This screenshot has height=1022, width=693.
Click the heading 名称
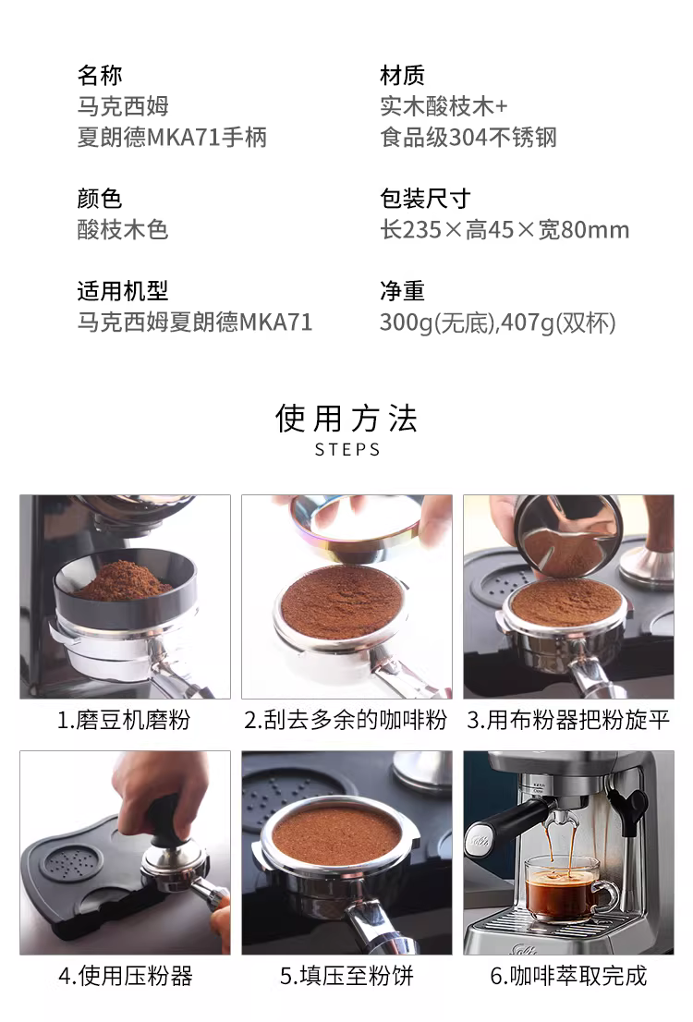[100, 75]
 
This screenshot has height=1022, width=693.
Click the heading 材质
[402, 75]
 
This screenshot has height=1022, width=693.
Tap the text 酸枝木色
[123, 229]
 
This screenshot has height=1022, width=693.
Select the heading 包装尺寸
[425, 198]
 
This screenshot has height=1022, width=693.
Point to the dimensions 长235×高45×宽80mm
[505, 229]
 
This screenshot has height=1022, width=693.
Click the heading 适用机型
[123, 291]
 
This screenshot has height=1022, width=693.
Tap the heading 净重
[402, 291]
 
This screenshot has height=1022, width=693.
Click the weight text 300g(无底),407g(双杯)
[498, 322]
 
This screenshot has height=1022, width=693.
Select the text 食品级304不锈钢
[468, 137]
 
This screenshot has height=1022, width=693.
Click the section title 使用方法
[346, 418]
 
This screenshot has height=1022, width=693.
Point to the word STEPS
[347, 450]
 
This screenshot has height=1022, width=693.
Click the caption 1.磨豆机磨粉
[124, 720]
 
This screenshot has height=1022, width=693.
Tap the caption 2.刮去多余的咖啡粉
[346, 720]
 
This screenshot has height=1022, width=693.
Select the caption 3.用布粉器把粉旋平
[568, 720]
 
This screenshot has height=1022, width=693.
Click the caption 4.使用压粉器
[125, 976]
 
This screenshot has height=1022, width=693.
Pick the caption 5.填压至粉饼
[346, 976]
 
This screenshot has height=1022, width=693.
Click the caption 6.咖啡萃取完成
[568, 976]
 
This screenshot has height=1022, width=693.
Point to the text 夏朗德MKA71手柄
[172, 137]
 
